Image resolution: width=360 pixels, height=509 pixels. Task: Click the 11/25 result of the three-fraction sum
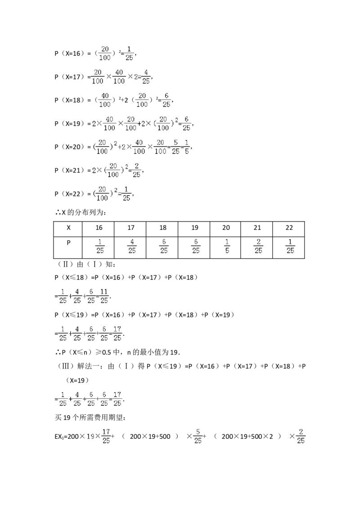104,295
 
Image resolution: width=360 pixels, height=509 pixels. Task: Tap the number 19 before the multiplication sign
90,436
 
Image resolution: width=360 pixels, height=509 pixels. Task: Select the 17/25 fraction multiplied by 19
107,435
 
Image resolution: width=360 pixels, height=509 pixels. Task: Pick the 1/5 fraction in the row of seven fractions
227,246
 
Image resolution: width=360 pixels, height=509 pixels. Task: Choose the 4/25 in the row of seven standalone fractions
132,246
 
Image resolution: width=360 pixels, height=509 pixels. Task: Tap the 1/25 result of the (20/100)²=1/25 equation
127,194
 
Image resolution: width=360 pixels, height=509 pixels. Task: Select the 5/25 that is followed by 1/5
175,147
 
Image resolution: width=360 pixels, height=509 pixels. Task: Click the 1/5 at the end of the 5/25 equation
187,147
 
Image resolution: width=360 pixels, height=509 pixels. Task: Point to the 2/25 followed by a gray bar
301,435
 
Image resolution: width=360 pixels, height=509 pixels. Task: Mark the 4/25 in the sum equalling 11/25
77,295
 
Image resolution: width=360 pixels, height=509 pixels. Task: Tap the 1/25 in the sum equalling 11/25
63,295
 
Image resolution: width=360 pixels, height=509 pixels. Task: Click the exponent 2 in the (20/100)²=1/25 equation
116,191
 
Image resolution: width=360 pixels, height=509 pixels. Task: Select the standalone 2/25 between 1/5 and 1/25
259,246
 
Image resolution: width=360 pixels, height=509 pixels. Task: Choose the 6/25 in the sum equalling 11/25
91,295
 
